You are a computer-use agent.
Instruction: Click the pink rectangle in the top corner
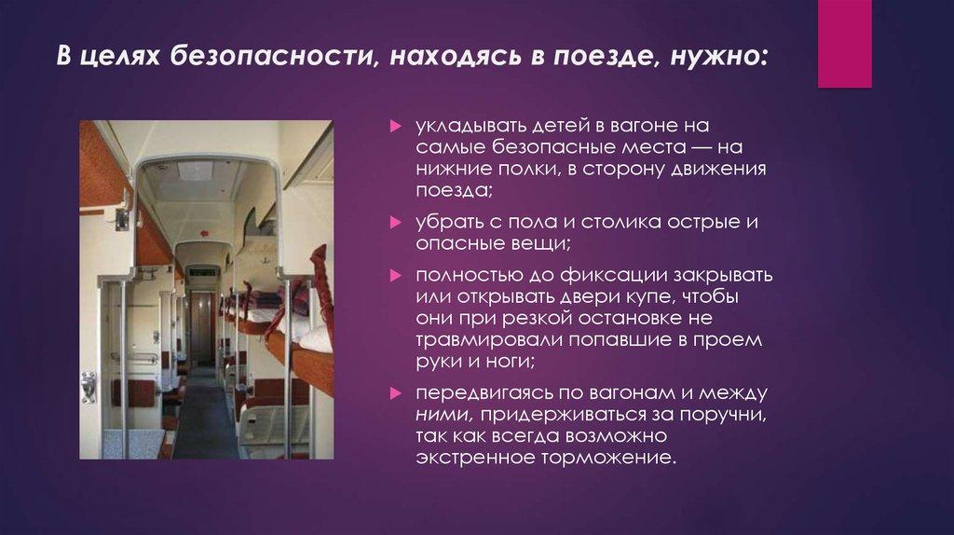click(844, 44)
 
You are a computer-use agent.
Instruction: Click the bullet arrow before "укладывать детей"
click(395, 125)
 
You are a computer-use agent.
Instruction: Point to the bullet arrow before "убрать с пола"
click(395, 222)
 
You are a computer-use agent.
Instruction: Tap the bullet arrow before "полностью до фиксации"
click(395, 277)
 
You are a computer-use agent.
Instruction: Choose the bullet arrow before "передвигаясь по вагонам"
click(395, 392)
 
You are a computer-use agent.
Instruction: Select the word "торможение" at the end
click(606, 458)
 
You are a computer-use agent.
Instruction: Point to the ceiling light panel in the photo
click(195, 172)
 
